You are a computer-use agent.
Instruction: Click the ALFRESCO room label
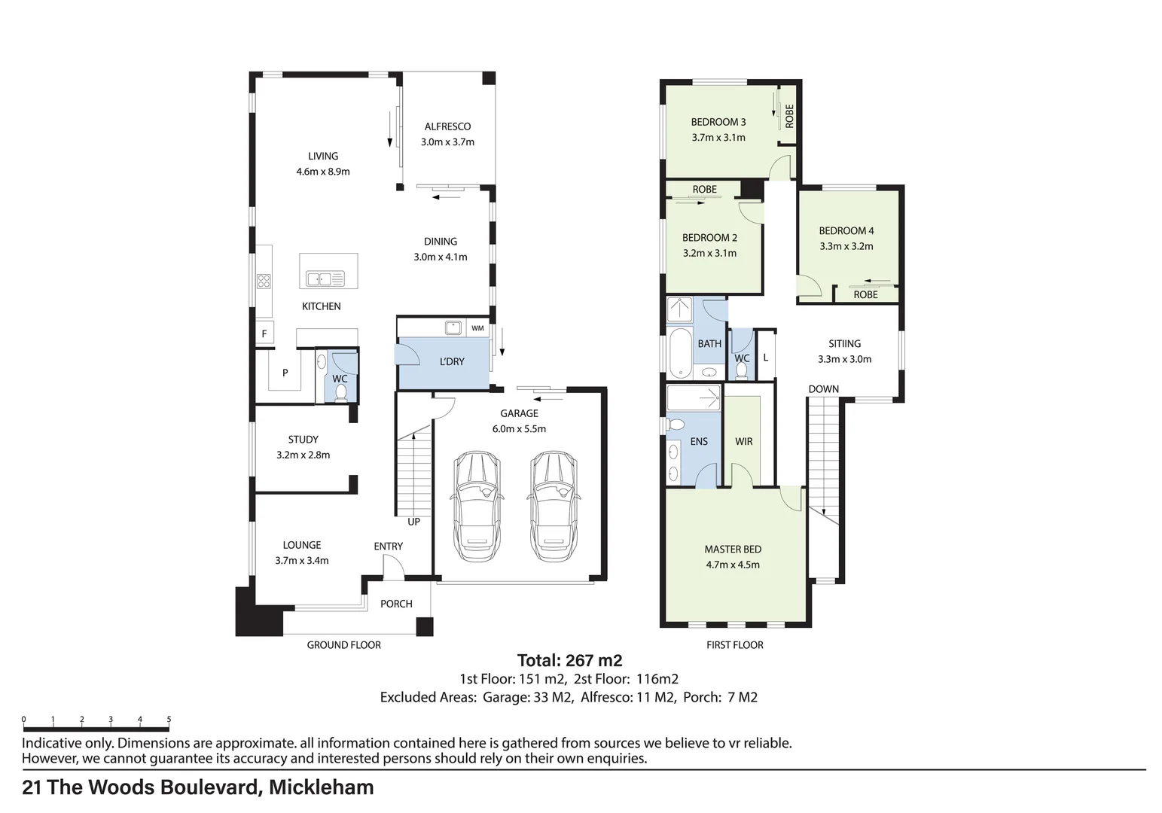[x=447, y=126]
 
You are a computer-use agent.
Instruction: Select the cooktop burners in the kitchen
[x=264, y=281]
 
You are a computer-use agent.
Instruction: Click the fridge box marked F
[x=264, y=333]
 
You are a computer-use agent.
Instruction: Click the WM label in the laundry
[x=477, y=328]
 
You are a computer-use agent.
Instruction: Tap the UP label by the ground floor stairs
[x=413, y=522]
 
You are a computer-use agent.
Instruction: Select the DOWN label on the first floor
[x=823, y=389]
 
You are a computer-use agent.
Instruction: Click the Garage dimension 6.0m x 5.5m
[x=519, y=429]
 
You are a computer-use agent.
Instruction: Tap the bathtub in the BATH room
[x=680, y=353]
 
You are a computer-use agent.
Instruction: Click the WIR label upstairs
[x=743, y=442]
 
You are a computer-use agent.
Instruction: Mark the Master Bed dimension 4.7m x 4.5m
[x=732, y=565]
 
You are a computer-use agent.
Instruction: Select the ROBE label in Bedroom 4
[x=865, y=295]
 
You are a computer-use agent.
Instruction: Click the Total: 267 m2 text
[x=569, y=661]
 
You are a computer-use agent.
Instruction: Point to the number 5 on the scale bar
[x=169, y=720]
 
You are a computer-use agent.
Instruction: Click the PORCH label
[x=396, y=604]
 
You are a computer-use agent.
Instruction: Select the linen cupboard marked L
[x=766, y=357]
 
